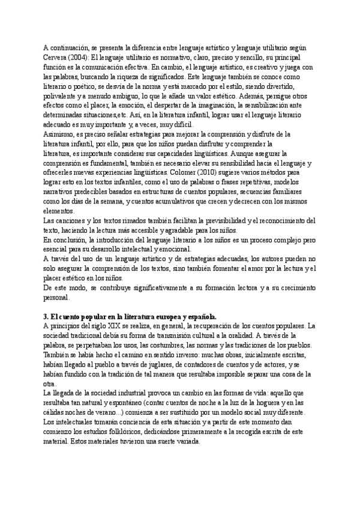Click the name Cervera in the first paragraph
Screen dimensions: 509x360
(58, 58)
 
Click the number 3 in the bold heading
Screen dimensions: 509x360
(46, 316)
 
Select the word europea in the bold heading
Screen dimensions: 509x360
(158, 316)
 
